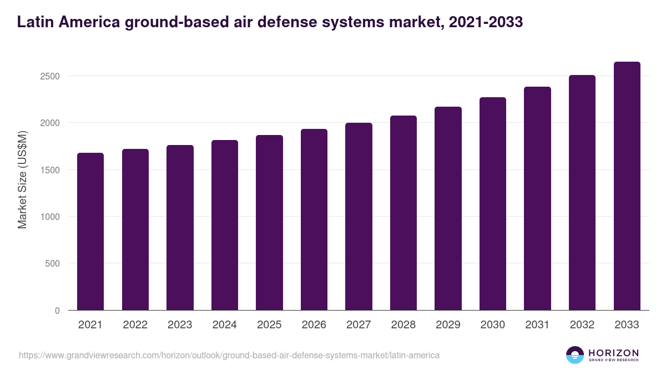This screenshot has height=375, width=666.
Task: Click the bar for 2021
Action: [x=90, y=232]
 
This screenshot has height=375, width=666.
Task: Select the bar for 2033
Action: [x=627, y=186]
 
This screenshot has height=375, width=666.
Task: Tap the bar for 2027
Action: [x=359, y=217]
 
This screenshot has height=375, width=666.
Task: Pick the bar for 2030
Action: [x=493, y=204]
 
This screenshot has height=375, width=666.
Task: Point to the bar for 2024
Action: [x=225, y=225]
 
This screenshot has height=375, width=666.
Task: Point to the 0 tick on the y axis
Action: [x=57, y=311]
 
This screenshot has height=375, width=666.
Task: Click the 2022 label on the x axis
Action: [x=135, y=325]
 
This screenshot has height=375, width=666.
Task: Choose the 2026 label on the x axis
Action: [x=314, y=325]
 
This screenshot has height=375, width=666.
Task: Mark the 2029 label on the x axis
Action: [x=448, y=325]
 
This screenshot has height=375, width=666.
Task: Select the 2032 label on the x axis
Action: [x=582, y=325]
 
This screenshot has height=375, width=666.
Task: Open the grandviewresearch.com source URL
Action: [x=229, y=355]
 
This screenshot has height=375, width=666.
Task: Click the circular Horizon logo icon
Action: [x=575, y=355]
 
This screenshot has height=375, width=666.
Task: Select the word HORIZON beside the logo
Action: [x=613, y=352]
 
